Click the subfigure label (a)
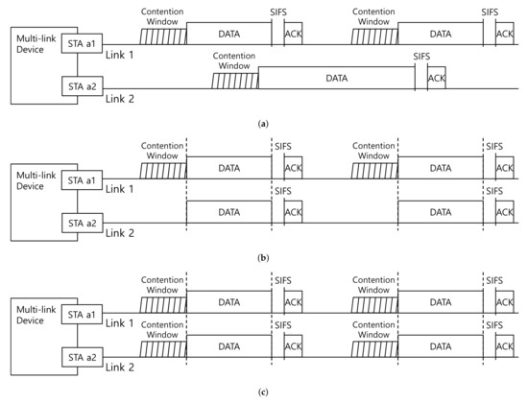tap(263, 124)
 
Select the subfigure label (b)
tap(263, 258)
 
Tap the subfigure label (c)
tap(263, 392)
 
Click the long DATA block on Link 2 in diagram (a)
tap(336, 78)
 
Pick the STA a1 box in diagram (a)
tap(82, 43)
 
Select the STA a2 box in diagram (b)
tap(83, 223)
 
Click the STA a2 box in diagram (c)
tap(83, 357)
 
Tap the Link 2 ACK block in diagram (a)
tap(437, 78)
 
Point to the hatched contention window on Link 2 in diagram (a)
tap(235, 82)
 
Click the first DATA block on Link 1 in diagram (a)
tap(229, 34)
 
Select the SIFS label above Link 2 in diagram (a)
tap(422, 57)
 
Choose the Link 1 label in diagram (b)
tap(120, 189)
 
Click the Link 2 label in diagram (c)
tap(120, 367)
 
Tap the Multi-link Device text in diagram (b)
tap(36, 180)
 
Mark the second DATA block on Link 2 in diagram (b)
tap(441, 212)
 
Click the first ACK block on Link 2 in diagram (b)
tap(294, 212)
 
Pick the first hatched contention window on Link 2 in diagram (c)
tap(163, 349)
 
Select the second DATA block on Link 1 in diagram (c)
tap(441, 302)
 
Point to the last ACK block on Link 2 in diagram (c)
tap(505, 346)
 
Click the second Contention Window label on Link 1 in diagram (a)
tap(373, 16)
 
